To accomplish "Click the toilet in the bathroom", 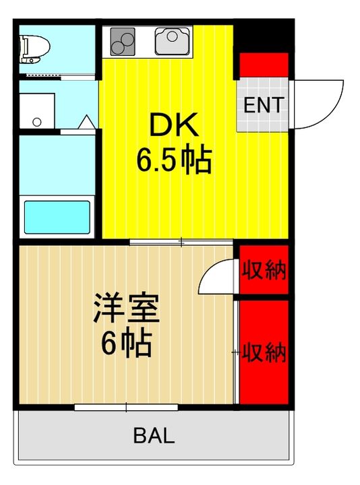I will (x=36, y=48).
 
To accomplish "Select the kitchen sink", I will (x=173, y=41).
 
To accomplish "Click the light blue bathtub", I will (x=57, y=216).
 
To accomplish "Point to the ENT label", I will (x=264, y=105).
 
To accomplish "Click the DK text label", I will (x=172, y=126).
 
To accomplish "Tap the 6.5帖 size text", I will (x=174, y=160).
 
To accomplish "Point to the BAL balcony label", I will (x=154, y=437).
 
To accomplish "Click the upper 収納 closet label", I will (x=264, y=271).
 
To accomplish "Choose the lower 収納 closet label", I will (x=265, y=352).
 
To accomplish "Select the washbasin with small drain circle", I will (x=36, y=111).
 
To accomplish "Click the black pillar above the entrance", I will (x=264, y=37).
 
